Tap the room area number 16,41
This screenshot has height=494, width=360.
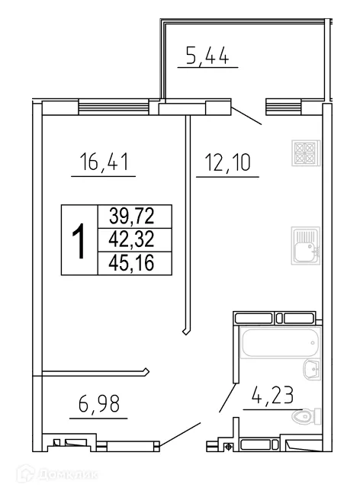tap(104, 162)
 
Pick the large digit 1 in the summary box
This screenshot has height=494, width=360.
tap(78, 239)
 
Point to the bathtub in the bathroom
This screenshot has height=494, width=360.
tap(278, 344)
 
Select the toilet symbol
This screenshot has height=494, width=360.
tap(304, 417)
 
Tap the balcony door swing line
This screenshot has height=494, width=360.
tap(246, 115)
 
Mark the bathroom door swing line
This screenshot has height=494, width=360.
tap(227, 397)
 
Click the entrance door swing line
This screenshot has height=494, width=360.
tap(180, 436)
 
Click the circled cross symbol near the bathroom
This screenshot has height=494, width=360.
tap(227, 447)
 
